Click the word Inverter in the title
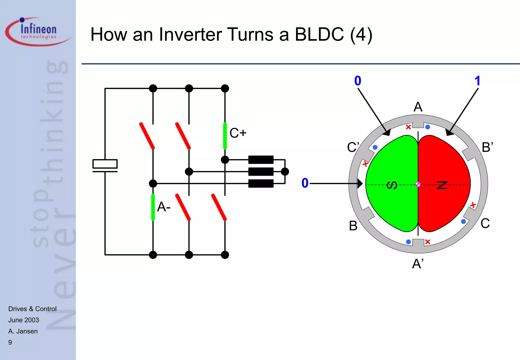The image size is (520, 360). click(x=190, y=35)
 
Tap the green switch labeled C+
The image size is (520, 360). click(x=225, y=136)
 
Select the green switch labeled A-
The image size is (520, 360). click(x=153, y=207)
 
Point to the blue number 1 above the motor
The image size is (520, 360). click(x=477, y=81)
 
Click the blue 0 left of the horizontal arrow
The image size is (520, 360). click(x=305, y=183)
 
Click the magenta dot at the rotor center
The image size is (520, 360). click(x=418, y=185)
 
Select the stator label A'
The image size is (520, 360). click(x=418, y=264)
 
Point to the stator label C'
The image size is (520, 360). click(x=353, y=147)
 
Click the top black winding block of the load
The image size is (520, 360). click(x=261, y=160)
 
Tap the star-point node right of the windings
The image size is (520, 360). click(x=285, y=172)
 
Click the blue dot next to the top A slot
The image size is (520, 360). click(x=428, y=127)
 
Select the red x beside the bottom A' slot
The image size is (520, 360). click(x=428, y=242)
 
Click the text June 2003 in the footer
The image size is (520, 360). click(x=24, y=320)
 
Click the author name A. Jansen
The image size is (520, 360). click(x=23, y=331)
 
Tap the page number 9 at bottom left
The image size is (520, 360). click(x=10, y=342)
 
